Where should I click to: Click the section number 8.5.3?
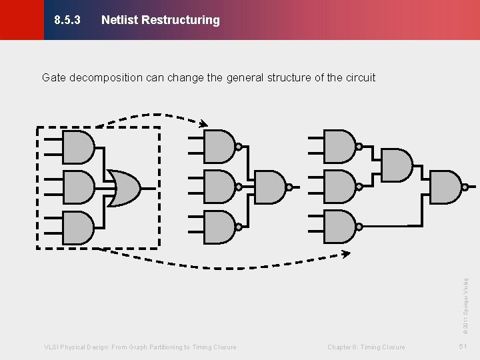[x=67, y=20]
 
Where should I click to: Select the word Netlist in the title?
[x=119, y=20]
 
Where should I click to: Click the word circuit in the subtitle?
[x=360, y=77]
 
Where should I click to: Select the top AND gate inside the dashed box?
[x=78, y=147]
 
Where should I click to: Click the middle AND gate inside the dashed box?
[x=78, y=187]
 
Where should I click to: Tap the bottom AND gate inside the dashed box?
[x=78, y=227]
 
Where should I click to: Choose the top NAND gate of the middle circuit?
[x=219, y=146]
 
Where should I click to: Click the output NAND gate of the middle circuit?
[x=270, y=187]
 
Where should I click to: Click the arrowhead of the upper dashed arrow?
[x=203, y=123]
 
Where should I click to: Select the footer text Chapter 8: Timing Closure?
[x=366, y=347]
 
